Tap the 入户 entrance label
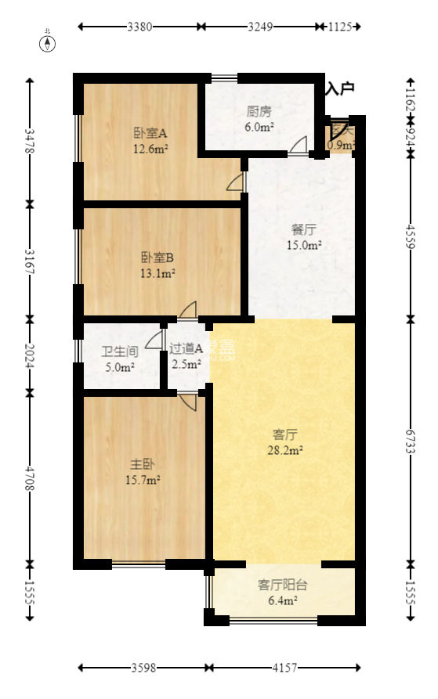click(x=340, y=88)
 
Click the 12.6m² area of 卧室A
click(x=150, y=147)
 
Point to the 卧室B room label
click(x=157, y=257)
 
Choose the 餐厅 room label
click(x=303, y=230)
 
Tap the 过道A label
click(x=187, y=349)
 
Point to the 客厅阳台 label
click(x=282, y=585)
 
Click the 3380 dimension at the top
click(x=140, y=27)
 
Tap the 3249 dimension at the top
click(x=260, y=27)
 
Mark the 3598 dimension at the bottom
click(x=143, y=668)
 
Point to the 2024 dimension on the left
click(x=30, y=355)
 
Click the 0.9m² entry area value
click(x=341, y=145)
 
